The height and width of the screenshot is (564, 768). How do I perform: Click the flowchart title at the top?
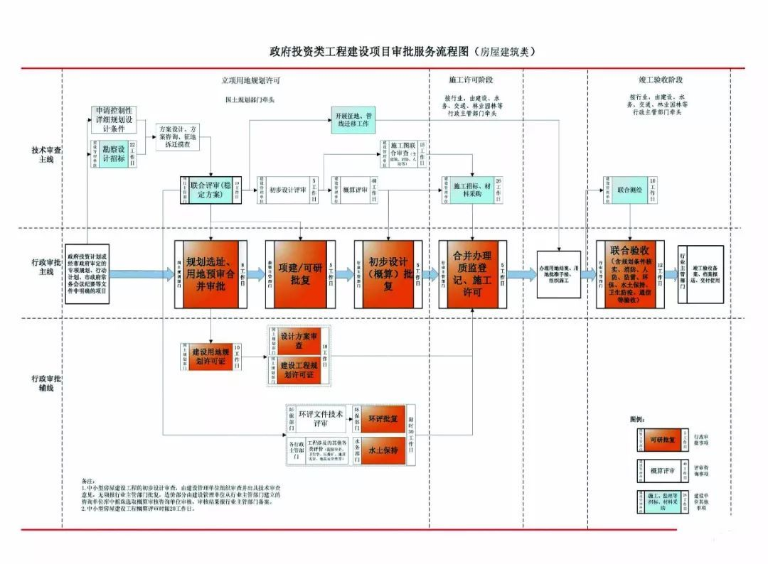402,52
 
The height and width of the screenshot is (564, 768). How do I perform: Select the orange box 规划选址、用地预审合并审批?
210,274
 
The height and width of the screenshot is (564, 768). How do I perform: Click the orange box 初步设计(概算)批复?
388,274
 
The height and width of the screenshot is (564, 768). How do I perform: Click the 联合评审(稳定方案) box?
211,190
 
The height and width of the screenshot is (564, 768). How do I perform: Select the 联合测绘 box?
629,190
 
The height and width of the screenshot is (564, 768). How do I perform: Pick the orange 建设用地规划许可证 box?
211,357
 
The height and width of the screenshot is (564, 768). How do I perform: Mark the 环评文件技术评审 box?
321,419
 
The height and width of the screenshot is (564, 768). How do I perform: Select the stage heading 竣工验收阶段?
656,80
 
